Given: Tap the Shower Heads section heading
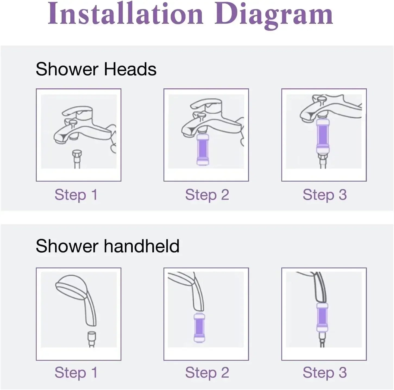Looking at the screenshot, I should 96,69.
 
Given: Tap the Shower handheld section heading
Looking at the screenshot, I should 108,246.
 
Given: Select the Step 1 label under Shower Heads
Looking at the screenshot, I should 76,195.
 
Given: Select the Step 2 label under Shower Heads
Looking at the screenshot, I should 207,195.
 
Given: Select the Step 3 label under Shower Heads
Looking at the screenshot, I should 324,195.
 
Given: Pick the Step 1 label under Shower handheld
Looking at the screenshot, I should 76,372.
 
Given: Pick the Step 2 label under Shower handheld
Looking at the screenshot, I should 207,372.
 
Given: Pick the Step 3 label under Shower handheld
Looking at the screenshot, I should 324,372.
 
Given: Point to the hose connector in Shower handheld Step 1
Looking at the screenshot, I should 92,336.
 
